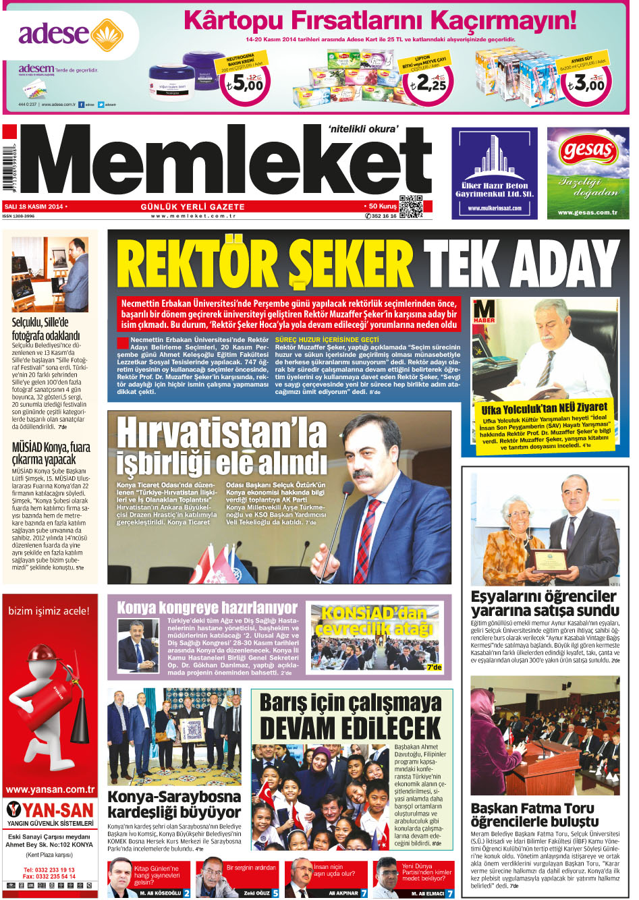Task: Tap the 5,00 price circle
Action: point(244,84)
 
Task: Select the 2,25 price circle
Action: point(429,84)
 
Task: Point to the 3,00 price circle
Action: point(585,84)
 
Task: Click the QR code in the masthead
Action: point(410,206)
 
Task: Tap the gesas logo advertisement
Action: point(588,173)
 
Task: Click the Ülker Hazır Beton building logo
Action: point(495,159)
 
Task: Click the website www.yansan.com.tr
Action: point(50,789)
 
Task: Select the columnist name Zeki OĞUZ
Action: point(256,893)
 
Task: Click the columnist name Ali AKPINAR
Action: point(343,893)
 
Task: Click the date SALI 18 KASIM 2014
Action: point(34,206)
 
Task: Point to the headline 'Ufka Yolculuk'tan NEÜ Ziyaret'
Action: point(544,409)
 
